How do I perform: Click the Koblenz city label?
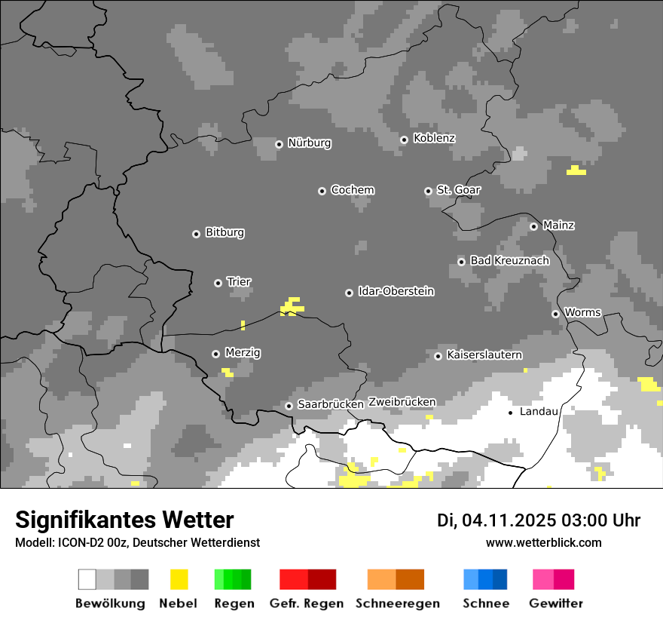coord(434,138)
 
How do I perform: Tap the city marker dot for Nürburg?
coord(279,143)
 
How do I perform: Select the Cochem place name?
coord(352,190)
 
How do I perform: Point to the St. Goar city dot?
coord(428,191)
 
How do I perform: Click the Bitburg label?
coord(225,232)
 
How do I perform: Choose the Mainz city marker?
coord(533,226)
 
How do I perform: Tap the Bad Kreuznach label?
coord(509,260)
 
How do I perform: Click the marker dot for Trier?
coord(218,283)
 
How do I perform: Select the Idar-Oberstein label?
coord(396,291)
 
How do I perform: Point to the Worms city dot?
coord(555,314)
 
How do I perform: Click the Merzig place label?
coord(243,352)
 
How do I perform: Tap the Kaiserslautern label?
coord(484,354)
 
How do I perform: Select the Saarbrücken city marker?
coord(289,406)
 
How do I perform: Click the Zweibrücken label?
coord(402,402)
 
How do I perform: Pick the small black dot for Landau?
coord(511,413)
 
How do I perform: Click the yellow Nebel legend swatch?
coord(179,579)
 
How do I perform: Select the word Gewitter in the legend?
coord(556,603)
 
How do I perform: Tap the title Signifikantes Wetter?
coord(124,520)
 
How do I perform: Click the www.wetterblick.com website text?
coord(543,542)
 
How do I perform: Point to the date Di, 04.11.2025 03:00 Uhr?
coord(539,520)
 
